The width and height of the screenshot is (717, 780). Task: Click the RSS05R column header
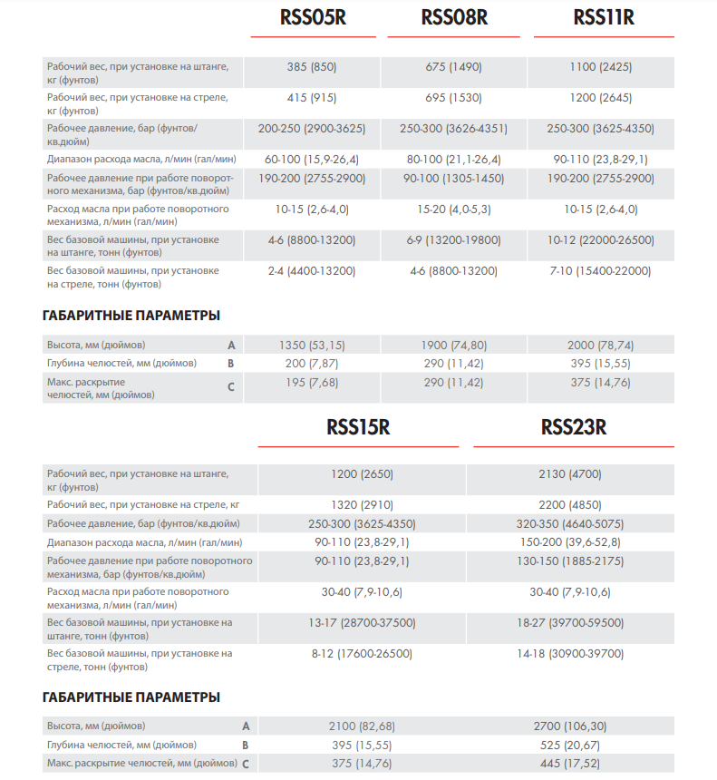pos(314,17)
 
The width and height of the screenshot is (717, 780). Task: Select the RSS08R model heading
pos(454,17)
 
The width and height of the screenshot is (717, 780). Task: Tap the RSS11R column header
pos(604,17)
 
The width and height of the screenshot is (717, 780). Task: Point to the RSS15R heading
pos(358,427)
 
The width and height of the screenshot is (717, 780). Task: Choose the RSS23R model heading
pos(573,427)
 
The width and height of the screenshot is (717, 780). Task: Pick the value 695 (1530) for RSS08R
pos(453,97)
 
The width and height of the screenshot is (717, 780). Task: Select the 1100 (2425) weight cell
pos(601,66)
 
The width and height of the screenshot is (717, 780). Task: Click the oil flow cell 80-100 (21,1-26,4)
pos(453,160)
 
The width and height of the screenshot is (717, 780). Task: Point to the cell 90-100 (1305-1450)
pos(453,179)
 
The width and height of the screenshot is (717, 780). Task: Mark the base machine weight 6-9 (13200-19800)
pos(453,240)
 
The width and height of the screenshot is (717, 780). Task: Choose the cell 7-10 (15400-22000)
pos(601,271)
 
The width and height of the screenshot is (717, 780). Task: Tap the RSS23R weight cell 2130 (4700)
pos(570,473)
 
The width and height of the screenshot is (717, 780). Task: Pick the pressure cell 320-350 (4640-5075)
pos(570,524)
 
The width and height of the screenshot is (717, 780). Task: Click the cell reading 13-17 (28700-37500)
pos(362,623)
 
